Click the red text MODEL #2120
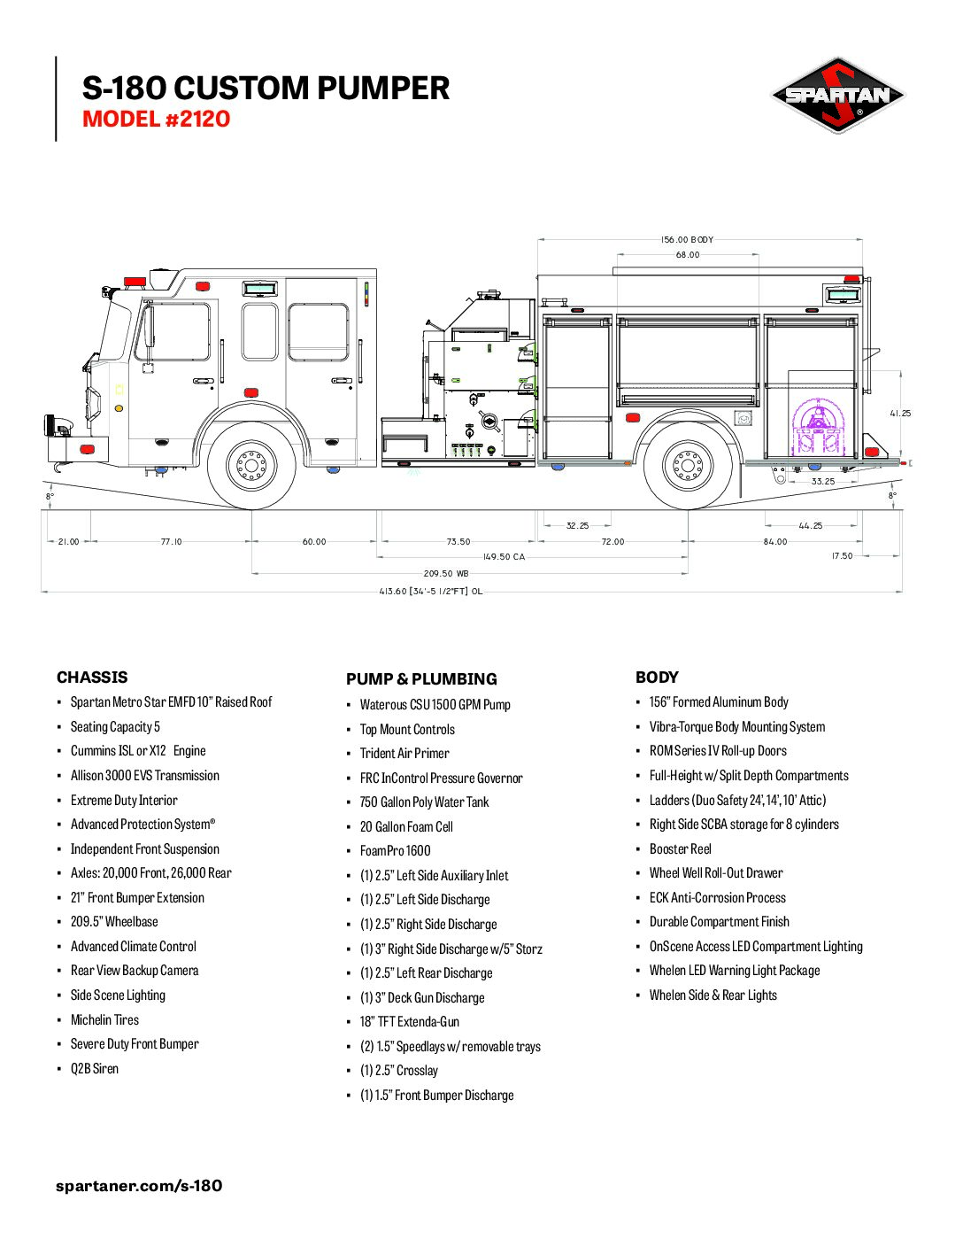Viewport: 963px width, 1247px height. (x=156, y=120)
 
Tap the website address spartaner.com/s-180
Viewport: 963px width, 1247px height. (x=139, y=1185)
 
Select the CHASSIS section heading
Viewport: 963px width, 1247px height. (x=92, y=678)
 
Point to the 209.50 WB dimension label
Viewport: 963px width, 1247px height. (x=445, y=573)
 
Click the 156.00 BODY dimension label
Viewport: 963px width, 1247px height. (x=687, y=239)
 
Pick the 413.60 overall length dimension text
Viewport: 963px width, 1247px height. (x=430, y=591)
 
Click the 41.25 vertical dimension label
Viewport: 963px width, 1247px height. (x=900, y=414)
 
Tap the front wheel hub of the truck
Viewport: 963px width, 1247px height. (x=251, y=465)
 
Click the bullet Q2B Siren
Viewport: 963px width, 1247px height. (x=95, y=1068)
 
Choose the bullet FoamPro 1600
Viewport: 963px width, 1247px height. (x=395, y=850)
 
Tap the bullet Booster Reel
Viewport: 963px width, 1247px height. (x=681, y=848)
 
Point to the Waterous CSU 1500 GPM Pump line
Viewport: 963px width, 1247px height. (x=435, y=704)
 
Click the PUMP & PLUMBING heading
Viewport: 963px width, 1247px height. (x=421, y=679)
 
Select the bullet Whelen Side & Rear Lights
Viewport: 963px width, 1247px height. (x=713, y=995)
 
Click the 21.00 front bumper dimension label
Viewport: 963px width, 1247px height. (x=68, y=542)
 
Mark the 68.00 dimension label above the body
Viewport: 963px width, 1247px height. (x=687, y=255)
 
